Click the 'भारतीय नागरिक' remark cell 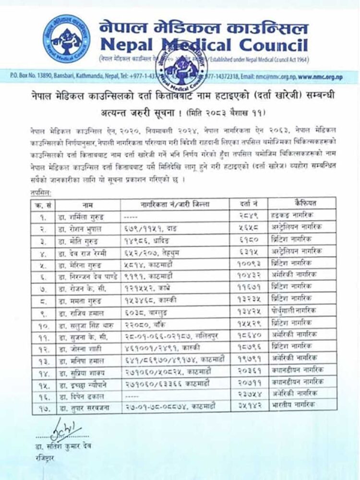point(302,405)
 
